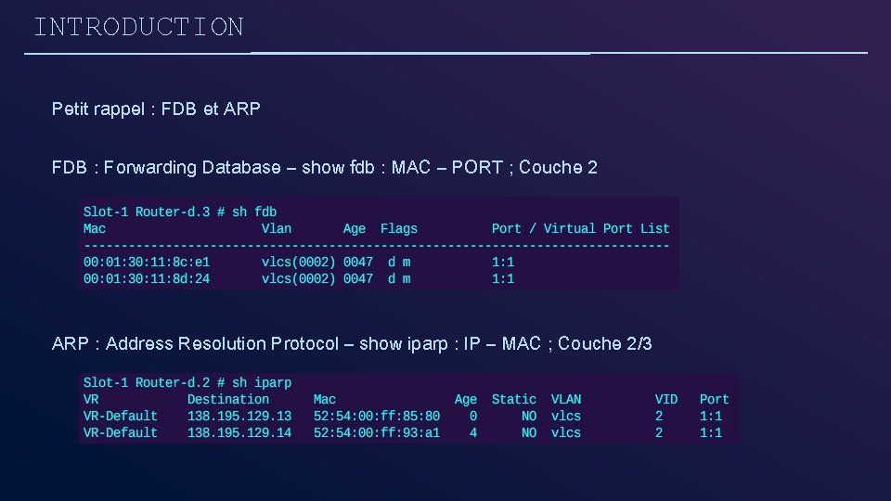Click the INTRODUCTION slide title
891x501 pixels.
pyautogui.click(x=138, y=27)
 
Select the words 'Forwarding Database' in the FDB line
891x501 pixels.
pyautogui.click(x=192, y=168)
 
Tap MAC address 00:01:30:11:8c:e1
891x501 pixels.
pyautogui.click(x=147, y=262)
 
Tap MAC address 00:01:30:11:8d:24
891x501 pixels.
pyautogui.click(x=147, y=278)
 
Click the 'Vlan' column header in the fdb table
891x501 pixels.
pyautogui.click(x=277, y=228)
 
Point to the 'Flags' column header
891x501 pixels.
pyautogui.click(x=399, y=228)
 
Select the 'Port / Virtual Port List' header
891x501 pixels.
pyautogui.click(x=580, y=228)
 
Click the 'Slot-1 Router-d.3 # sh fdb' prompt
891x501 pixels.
pyautogui.click(x=180, y=212)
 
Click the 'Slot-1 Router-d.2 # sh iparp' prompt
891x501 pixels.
pyautogui.click(x=187, y=382)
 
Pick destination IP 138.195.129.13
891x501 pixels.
pyautogui.click(x=239, y=416)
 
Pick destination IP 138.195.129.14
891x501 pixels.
pyautogui.click(x=239, y=432)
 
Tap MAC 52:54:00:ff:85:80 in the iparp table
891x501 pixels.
pyautogui.click(x=377, y=416)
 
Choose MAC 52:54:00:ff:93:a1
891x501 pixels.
pyautogui.click(x=377, y=432)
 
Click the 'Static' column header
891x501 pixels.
pyautogui.click(x=514, y=399)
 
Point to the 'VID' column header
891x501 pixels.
pyautogui.click(x=665, y=399)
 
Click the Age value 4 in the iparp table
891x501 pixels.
pyautogui.click(x=473, y=432)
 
